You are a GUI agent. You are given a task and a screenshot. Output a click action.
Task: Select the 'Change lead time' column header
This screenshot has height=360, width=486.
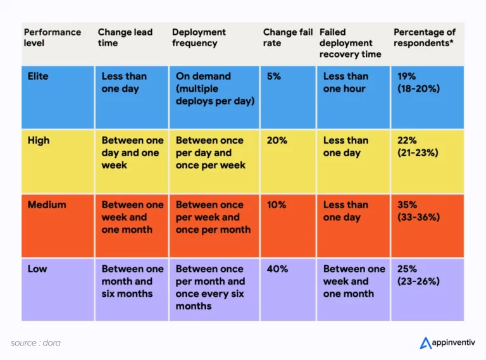point(125,37)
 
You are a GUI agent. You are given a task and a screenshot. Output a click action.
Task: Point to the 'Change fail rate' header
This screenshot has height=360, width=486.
point(288,37)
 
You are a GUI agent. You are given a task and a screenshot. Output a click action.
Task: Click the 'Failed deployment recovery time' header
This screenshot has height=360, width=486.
point(350,43)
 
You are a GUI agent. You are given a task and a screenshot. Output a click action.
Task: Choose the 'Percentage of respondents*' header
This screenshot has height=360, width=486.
point(425,37)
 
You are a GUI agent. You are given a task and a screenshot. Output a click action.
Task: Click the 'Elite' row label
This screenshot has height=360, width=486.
point(38,77)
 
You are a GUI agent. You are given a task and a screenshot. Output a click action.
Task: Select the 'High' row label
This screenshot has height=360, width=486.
point(38,140)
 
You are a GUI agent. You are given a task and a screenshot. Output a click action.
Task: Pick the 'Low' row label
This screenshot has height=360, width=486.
point(37,269)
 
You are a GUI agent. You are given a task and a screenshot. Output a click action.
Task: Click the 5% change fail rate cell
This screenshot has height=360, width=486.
point(274,77)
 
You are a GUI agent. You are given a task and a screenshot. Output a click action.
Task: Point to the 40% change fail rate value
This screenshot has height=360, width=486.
point(277,269)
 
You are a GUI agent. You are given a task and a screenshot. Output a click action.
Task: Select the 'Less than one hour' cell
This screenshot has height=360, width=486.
point(345,83)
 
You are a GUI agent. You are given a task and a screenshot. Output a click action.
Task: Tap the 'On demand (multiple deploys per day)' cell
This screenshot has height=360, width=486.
point(215,89)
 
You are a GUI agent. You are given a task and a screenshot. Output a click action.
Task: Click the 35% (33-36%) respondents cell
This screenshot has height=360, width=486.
point(418,211)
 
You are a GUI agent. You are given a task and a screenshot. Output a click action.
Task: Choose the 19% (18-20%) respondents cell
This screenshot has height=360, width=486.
point(418,83)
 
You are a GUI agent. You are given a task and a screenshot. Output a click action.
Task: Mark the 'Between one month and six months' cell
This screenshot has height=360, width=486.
point(132,282)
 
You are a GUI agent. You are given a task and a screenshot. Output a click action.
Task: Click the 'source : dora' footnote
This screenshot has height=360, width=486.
point(35,343)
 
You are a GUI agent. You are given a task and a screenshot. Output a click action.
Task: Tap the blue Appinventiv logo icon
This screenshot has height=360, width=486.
point(425,343)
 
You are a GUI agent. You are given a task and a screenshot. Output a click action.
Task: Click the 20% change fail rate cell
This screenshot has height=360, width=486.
point(277,140)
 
